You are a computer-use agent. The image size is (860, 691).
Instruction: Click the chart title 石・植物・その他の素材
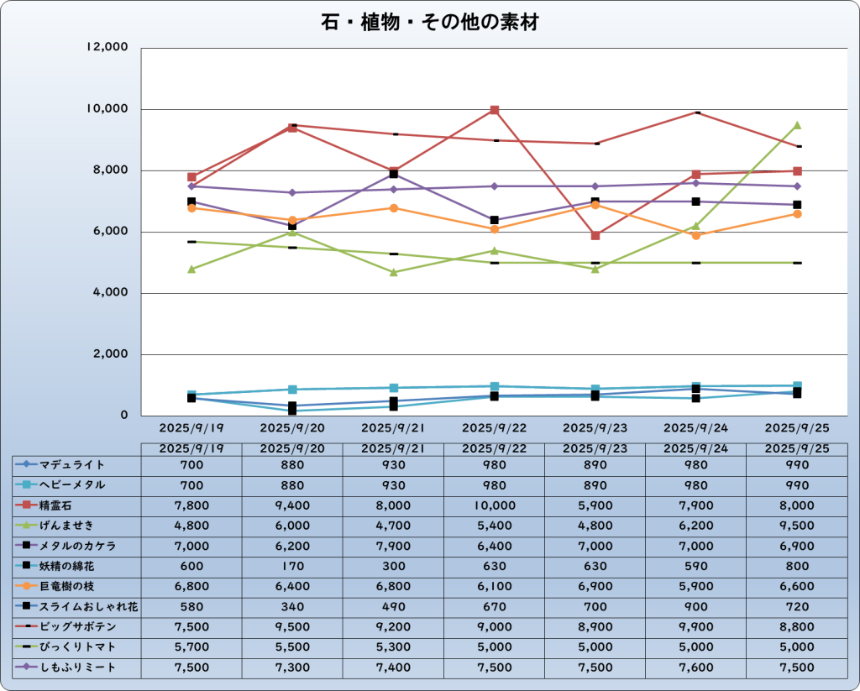pyautogui.click(x=429, y=22)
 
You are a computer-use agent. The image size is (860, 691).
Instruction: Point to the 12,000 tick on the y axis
pyautogui.click(x=107, y=48)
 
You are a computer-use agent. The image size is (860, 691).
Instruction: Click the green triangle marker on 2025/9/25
pyautogui.click(x=797, y=125)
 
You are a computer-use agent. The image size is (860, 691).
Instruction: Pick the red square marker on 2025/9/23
pyautogui.click(x=595, y=236)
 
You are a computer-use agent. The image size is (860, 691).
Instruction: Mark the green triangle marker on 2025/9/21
pyautogui.click(x=393, y=272)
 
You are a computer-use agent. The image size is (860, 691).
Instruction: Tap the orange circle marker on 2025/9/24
pyautogui.click(x=696, y=236)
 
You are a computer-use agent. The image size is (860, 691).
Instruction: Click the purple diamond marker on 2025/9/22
pyautogui.click(x=495, y=186)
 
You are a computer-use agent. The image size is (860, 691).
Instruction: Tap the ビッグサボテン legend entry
pyautogui.click(x=76, y=627)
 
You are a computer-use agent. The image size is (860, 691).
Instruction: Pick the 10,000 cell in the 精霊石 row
pyautogui.click(x=494, y=505)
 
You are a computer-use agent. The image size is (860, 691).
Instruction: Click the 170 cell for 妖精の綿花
pyautogui.click(x=292, y=566)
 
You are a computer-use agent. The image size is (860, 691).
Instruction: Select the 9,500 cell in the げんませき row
pyautogui.click(x=796, y=526)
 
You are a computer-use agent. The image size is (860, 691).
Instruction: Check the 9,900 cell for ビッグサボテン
pyautogui.click(x=695, y=627)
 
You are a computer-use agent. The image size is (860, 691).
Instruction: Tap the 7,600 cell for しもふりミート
pyautogui.click(x=695, y=667)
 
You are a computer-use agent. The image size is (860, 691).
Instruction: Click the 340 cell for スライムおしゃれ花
pyautogui.click(x=292, y=606)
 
